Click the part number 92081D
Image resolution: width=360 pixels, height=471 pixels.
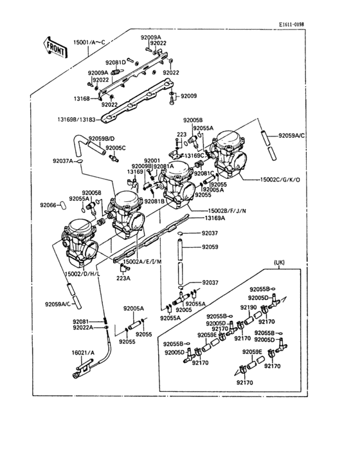point(116,62)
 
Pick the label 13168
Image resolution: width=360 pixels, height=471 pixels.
point(82,99)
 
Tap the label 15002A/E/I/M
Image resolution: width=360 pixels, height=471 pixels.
point(143,262)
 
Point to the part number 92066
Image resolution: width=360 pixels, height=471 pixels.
point(49,205)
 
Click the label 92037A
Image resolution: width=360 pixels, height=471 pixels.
point(63,161)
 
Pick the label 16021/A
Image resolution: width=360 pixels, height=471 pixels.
point(82,353)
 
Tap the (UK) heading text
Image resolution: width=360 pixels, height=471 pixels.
point(279,263)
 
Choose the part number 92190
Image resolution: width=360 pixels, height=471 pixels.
point(248,308)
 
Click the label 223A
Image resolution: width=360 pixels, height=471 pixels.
point(123,278)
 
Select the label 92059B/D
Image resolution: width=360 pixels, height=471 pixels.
point(102,139)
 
